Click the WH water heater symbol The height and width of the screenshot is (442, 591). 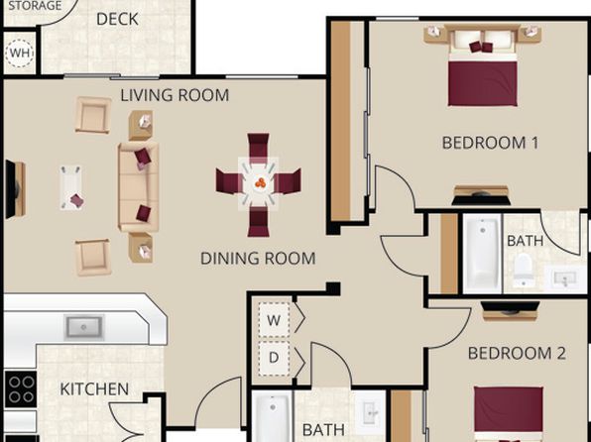(20, 54)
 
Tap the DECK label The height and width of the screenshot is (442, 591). (117, 19)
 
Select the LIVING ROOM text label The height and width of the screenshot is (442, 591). (175, 95)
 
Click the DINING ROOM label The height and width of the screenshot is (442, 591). (258, 259)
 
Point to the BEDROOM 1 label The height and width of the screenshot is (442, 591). (490, 143)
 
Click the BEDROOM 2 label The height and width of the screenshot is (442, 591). (517, 354)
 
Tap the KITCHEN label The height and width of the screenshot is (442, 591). (94, 389)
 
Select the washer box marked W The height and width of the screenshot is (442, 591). (274, 319)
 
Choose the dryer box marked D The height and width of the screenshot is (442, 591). (274, 359)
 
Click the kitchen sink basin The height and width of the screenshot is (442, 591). (83, 327)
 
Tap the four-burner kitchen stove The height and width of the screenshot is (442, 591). (21, 389)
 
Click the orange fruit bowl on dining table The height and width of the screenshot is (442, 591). (260, 183)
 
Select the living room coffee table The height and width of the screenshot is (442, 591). (71, 187)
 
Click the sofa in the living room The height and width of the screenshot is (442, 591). (138, 186)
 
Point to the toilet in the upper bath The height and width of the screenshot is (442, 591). (524, 268)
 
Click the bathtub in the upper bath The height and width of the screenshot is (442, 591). (483, 254)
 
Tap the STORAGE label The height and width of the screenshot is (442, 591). (35, 6)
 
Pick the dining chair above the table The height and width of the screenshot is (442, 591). (258, 147)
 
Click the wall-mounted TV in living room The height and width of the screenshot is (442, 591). (12, 189)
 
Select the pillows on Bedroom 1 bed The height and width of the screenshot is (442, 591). (482, 47)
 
